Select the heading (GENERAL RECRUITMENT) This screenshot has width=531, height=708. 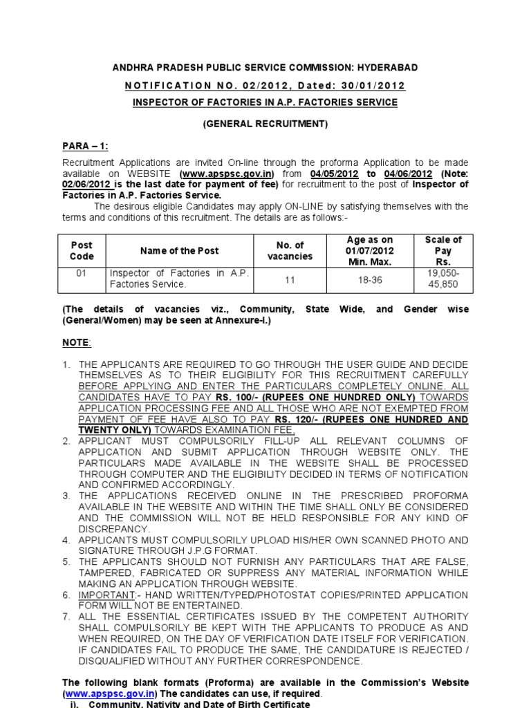(265, 124)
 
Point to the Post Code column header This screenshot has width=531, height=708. (82, 251)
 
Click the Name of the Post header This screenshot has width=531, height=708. (179, 251)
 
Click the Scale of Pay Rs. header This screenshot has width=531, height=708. (443, 251)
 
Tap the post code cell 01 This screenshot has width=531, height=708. (82, 273)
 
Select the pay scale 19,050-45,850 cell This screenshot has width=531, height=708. (443, 279)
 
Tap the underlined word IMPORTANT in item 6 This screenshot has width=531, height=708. (105, 595)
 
